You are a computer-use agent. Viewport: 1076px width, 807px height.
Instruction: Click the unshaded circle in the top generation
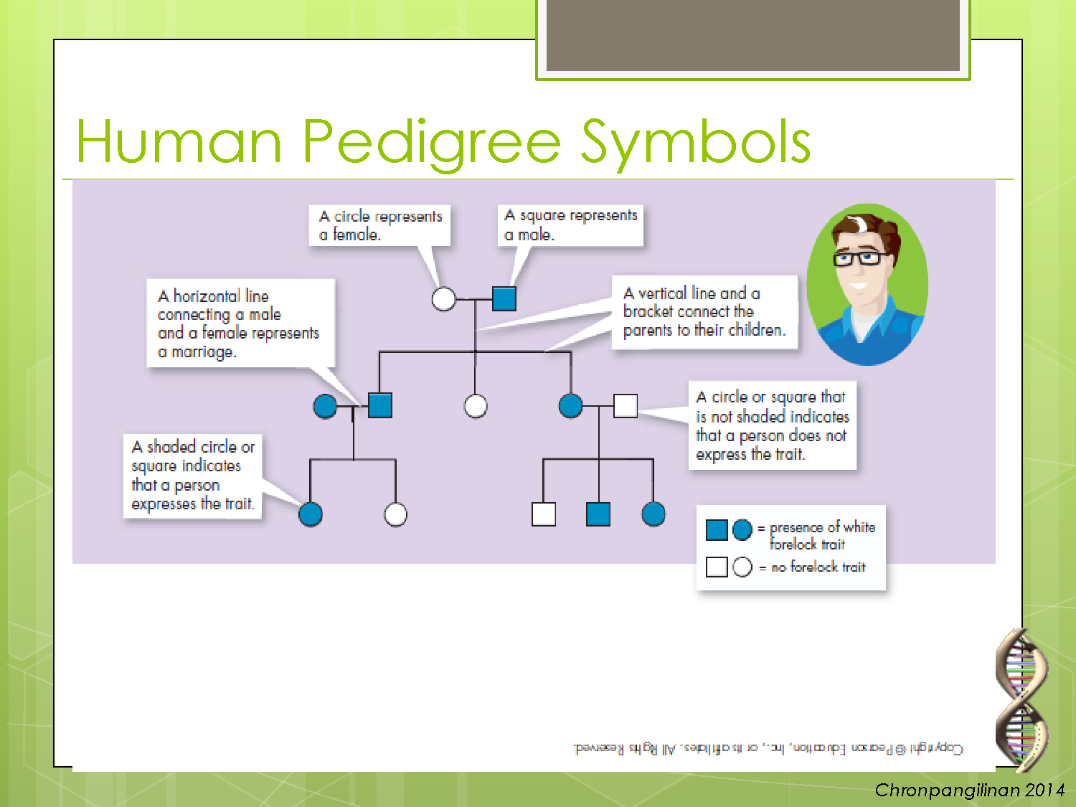(444, 298)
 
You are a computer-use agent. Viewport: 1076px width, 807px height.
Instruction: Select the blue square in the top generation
(504, 298)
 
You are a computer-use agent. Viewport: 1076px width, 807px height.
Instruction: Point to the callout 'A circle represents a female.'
(380, 225)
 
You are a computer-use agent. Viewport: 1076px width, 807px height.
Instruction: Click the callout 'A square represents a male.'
(570, 225)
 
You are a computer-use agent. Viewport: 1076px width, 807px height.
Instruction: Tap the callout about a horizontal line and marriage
(240, 324)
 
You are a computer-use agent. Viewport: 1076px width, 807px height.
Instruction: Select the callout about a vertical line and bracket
(704, 312)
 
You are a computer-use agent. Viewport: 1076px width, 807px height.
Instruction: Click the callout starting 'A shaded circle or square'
(193, 476)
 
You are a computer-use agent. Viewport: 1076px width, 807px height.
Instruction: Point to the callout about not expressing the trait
(772, 425)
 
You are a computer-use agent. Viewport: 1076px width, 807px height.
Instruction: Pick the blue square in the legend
(717, 530)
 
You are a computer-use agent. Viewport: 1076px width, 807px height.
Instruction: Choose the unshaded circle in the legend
(742, 567)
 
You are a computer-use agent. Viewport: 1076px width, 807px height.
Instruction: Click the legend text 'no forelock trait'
(818, 567)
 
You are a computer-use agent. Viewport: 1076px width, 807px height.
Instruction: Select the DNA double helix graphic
(1021, 699)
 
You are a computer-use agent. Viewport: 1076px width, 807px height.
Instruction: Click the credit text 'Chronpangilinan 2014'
(969, 791)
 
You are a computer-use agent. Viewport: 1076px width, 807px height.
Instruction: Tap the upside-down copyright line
(768, 748)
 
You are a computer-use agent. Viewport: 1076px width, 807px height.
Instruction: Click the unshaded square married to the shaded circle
(626, 406)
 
